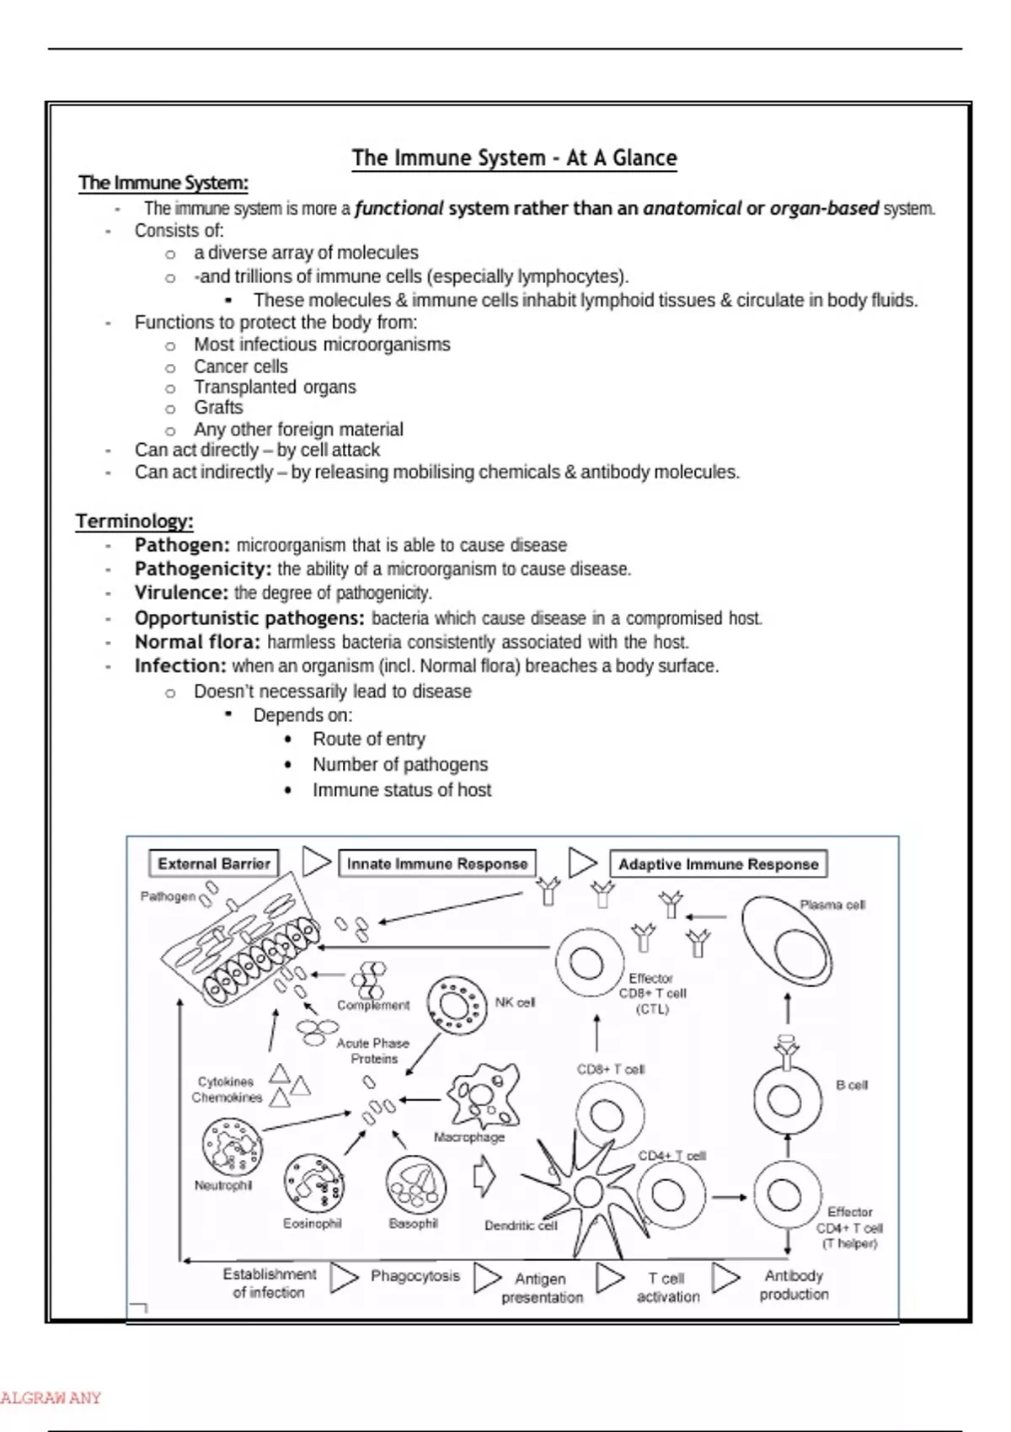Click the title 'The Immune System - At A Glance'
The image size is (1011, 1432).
tap(514, 158)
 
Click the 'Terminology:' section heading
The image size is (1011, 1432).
tap(135, 521)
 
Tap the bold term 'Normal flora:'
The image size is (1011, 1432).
tap(197, 642)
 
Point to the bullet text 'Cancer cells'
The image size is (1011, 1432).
tap(241, 366)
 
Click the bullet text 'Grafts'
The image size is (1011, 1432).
tap(218, 408)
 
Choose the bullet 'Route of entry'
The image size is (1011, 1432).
tap(369, 739)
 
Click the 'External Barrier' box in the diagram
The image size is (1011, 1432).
tap(214, 863)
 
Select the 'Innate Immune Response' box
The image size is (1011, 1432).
tap(437, 863)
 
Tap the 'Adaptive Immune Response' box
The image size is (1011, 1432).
tap(718, 863)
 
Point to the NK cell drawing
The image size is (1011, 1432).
tap(457, 1004)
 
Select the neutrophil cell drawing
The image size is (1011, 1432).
tap(232, 1146)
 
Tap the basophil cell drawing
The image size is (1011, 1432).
tap(415, 1185)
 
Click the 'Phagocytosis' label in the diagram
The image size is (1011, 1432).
tap(415, 1276)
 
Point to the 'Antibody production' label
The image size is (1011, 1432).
tap(794, 1285)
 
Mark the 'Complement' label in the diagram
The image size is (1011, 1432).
tap(373, 1005)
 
